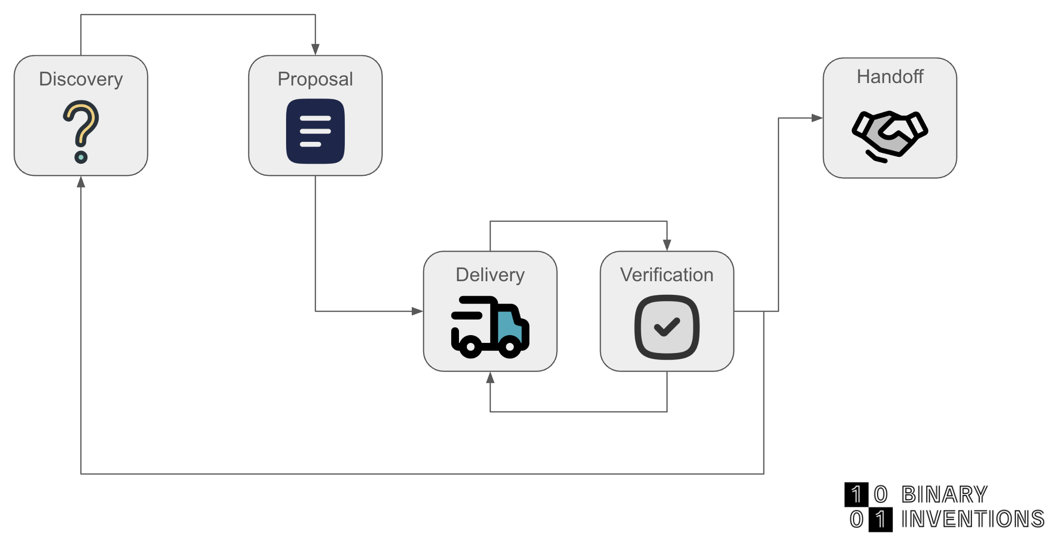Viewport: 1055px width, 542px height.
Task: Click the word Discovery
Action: point(81,79)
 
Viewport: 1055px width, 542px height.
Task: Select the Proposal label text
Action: point(315,79)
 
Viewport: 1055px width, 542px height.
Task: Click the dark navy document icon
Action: point(315,131)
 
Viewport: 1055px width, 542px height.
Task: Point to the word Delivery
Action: point(490,275)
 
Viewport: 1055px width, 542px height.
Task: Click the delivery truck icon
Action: point(489,327)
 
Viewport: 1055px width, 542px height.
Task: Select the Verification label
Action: point(666,275)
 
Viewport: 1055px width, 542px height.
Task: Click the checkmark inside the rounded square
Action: point(667,327)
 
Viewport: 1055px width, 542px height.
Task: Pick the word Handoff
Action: point(890,77)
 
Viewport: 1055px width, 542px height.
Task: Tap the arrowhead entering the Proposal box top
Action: point(315,50)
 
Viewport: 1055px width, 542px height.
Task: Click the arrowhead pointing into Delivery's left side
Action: point(417,311)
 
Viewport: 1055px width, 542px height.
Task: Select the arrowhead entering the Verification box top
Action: point(667,245)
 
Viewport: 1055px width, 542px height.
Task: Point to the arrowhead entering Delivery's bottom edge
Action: point(490,378)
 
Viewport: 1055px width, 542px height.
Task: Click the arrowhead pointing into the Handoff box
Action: point(817,118)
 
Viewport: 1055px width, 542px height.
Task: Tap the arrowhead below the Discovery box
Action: point(81,182)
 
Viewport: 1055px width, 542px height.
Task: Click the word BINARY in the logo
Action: point(944,495)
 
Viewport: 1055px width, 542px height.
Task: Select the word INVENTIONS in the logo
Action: point(972,519)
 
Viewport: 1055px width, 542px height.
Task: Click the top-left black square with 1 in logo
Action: point(856,494)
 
